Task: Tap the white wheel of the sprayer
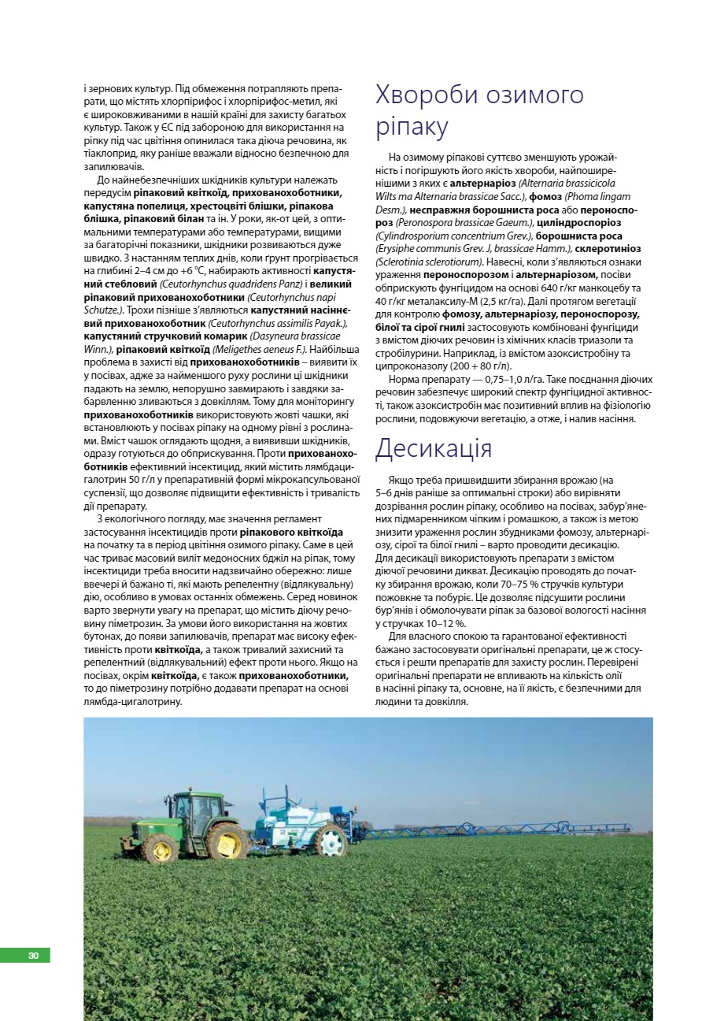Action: click(331, 841)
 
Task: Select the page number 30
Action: click(33, 956)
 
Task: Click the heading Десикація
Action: click(434, 448)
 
